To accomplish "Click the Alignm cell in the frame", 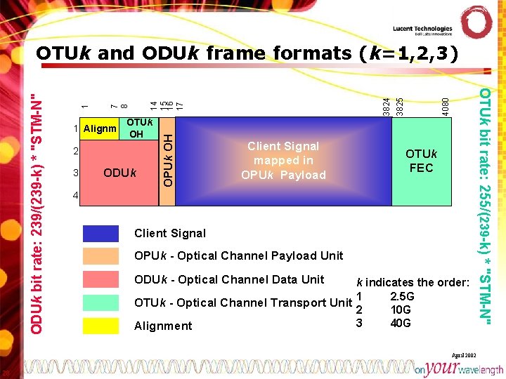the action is click(x=100, y=128).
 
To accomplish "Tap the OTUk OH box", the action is click(x=136, y=128).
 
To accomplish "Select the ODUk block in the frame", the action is click(x=120, y=173).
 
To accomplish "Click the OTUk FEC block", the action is click(x=421, y=161).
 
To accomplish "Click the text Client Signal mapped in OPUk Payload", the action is click(x=283, y=160).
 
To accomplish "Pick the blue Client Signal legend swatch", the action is click(x=100, y=233).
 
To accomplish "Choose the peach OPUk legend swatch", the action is click(x=100, y=255).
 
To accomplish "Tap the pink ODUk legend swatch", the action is click(x=100, y=279).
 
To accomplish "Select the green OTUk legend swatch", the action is click(x=100, y=302).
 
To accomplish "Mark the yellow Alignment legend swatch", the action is click(x=100, y=326).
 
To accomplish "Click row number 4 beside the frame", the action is click(x=76, y=195).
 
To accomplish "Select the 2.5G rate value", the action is click(x=402, y=296).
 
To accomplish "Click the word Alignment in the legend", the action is click(x=163, y=326).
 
